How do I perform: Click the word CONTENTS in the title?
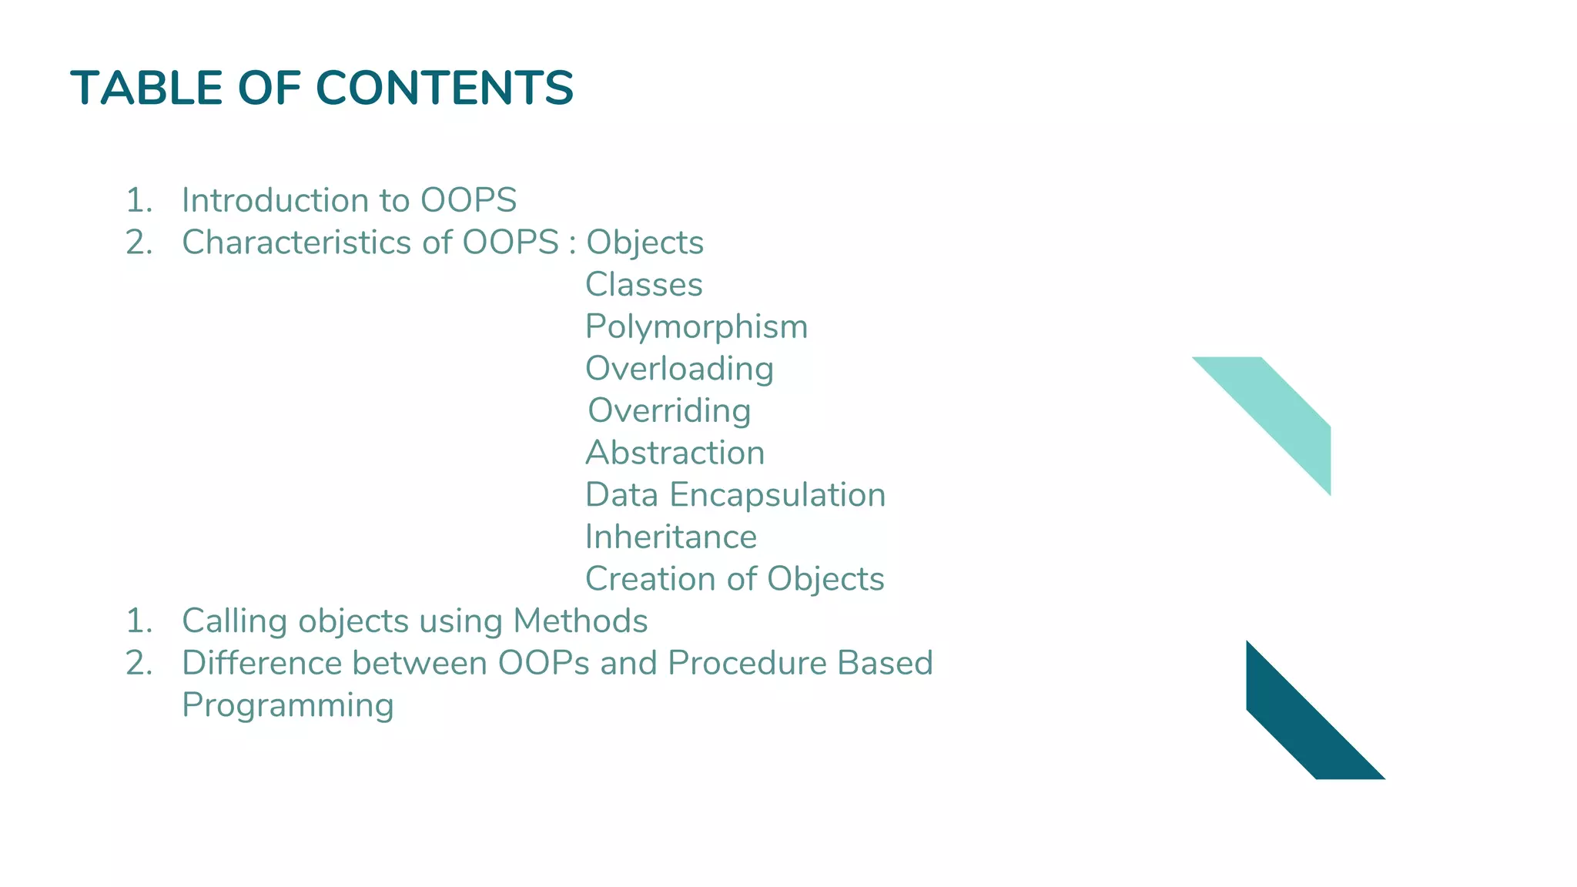[444, 88]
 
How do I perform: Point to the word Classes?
[644, 285]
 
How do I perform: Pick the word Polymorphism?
[696, 326]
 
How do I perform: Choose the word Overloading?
[679, 369]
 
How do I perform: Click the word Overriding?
[669, 411]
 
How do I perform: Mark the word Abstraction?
[675, 453]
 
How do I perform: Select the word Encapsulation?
[778, 495]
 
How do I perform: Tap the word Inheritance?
[671, 537]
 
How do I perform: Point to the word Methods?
[581, 621]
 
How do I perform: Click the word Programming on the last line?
[287, 706]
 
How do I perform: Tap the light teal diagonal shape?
[1282, 416]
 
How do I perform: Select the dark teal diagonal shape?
[1301, 720]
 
